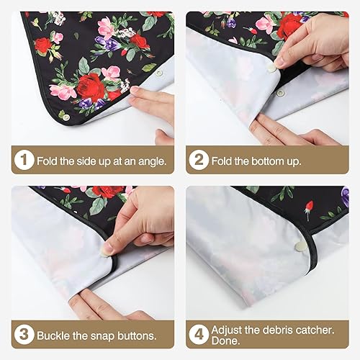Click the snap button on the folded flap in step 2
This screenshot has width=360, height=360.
click(x=271, y=70)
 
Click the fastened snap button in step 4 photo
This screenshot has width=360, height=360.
click(x=301, y=246)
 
